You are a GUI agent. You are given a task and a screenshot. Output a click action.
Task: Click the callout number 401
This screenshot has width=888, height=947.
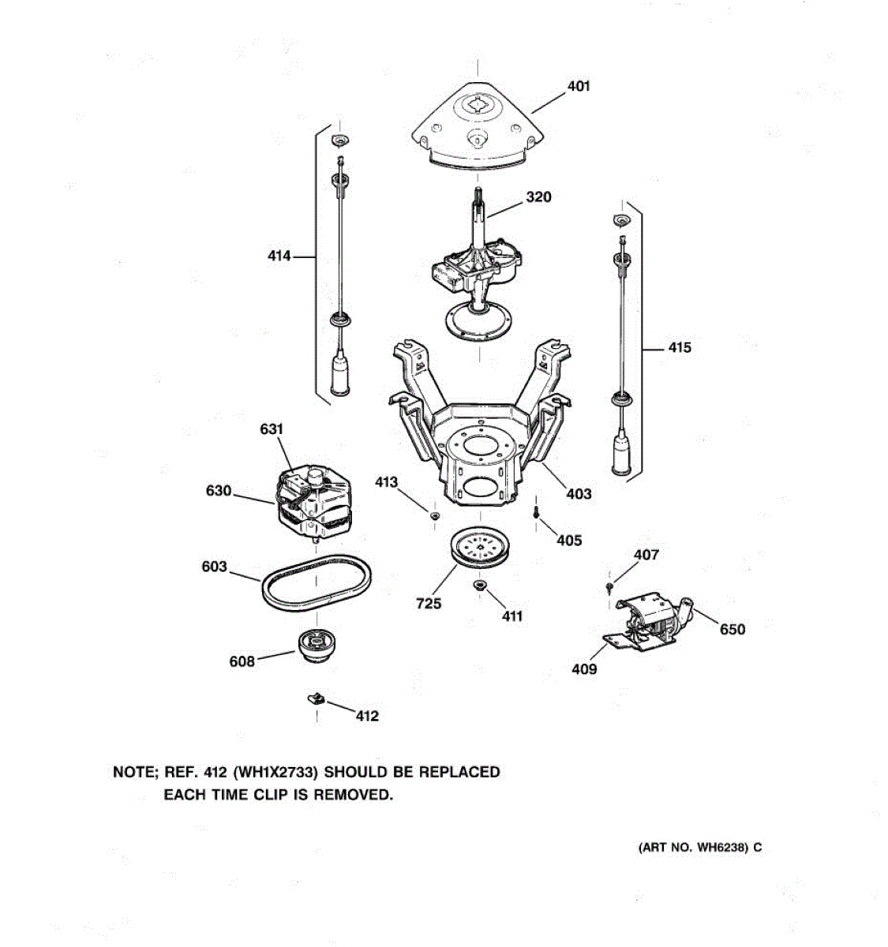click(x=579, y=86)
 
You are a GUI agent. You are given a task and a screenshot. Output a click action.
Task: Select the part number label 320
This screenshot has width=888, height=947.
click(x=538, y=197)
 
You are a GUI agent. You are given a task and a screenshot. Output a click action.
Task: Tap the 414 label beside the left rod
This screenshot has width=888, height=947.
click(x=279, y=256)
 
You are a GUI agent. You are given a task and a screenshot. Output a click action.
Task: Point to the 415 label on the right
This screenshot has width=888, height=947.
click(x=680, y=347)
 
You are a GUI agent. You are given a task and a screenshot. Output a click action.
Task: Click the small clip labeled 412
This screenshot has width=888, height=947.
click(x=316, y=698)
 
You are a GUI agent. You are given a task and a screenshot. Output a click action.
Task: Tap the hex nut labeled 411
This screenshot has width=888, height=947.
click(x=478, y=585)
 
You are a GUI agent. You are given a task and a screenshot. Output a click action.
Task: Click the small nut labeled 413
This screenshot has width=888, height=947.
click(x=434, y=515)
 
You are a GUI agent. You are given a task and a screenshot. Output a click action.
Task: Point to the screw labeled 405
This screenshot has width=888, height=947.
click(x=537, y=511)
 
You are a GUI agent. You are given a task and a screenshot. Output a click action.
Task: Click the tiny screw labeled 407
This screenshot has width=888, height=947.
click(x=609, y=587)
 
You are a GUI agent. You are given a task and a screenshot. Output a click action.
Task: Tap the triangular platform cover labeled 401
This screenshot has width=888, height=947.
click(x=479, y=126)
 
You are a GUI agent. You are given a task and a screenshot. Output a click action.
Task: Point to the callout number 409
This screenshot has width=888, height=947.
click(x=584, y=669)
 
